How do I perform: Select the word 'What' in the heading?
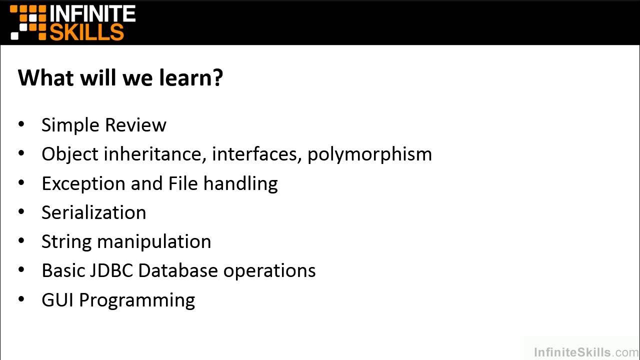[x=39, y=78]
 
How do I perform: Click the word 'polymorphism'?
[x=369, y=154]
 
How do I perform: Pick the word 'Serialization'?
[x=93, y=212]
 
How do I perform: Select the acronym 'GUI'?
[x=58, y=299]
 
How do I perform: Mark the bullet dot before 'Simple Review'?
[x=21, y=124]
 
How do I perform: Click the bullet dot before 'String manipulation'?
[x=21, y=241]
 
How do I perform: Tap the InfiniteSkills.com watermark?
[x=586, y=352]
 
